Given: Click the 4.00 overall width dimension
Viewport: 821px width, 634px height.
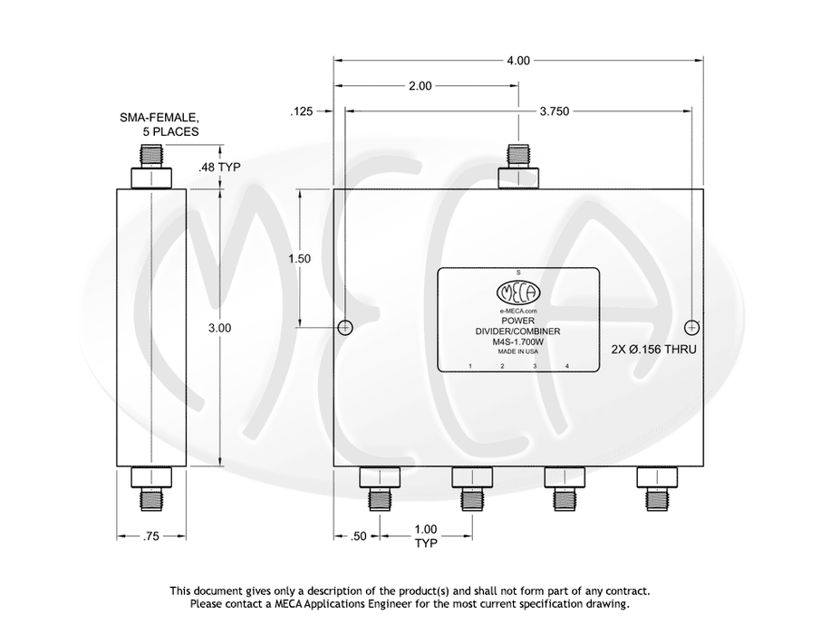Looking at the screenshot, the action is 517,61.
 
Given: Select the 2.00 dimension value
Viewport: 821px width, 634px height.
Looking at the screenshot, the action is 420,86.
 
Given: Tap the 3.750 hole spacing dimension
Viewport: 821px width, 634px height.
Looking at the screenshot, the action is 554,111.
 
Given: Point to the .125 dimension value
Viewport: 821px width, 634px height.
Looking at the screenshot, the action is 301,111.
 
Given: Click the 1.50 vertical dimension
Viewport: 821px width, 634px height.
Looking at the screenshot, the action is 300,259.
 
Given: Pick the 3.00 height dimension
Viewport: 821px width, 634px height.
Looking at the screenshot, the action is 219,328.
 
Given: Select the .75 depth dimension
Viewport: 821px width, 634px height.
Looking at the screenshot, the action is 150,536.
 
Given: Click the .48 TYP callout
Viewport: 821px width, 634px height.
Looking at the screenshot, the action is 219,167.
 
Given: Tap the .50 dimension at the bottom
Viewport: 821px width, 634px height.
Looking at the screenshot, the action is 358,536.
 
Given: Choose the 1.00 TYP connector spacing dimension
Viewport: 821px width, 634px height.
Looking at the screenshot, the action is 426,536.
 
